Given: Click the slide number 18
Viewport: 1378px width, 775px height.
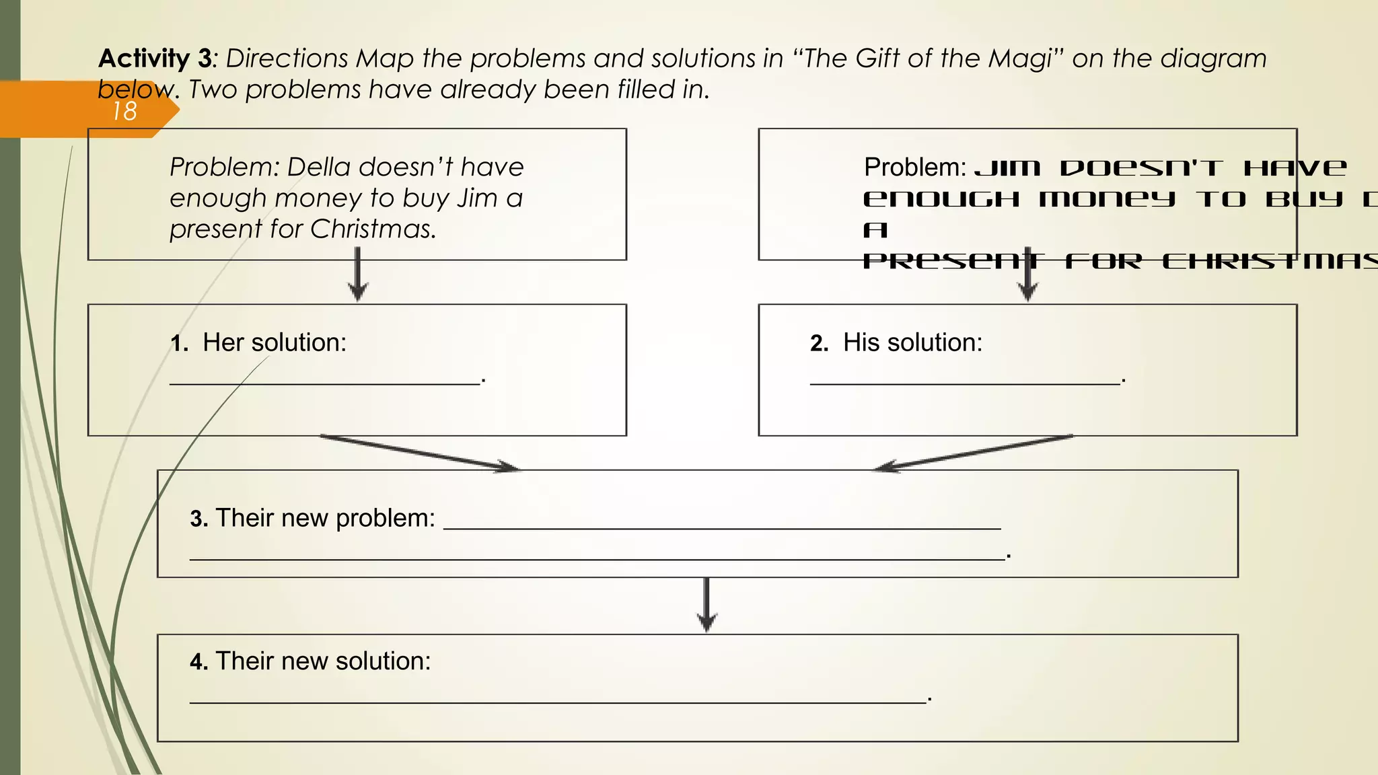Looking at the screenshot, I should click(124, 112).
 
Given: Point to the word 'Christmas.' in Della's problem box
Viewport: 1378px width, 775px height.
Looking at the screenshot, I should click(373, 229).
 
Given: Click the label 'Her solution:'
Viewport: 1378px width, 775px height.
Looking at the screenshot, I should click(275, 343).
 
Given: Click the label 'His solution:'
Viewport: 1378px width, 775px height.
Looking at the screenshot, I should click(912, 343).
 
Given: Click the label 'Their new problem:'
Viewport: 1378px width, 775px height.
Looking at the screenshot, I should click(325, 519).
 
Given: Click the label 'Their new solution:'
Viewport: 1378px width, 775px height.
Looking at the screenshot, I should click(323, 661).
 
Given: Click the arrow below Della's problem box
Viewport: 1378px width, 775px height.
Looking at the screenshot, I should click(358, 274).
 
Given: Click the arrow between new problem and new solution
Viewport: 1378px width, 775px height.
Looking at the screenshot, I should click(706, 604).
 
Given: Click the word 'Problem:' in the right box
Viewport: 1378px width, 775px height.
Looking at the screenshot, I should click(915, 168).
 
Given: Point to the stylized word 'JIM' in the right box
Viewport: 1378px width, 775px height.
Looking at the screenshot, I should click(1007, 168).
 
